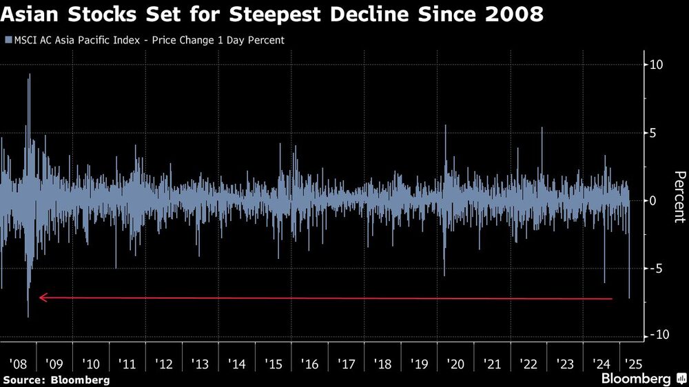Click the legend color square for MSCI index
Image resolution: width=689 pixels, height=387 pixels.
click(x=7, y=41)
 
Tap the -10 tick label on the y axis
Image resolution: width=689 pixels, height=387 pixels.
click(x=655, y=335)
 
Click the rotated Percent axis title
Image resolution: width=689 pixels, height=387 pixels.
click(x=679, y=197)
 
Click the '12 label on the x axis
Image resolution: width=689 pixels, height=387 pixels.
click(x=164, y=362)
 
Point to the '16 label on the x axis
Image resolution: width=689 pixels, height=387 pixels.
click(x=310, y=362)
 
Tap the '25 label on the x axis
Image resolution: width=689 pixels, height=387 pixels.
click(x=630, y=362)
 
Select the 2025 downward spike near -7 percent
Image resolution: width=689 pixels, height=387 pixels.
click(x=629, y=296)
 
